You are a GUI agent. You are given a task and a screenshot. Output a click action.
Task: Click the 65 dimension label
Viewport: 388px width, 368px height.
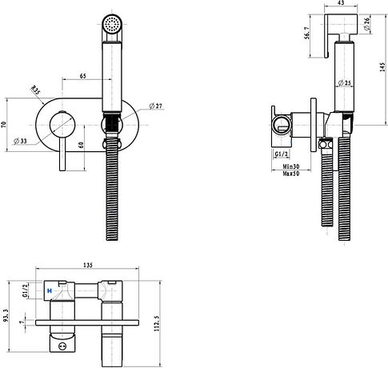(x=83, y=76)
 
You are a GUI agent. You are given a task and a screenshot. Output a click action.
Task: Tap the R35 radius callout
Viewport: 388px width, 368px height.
(x=35, y=90)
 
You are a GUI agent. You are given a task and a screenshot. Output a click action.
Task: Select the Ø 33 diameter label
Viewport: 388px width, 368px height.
(x=21, y=141)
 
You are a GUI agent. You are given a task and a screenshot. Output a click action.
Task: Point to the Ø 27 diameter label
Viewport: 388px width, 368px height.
(x=155, y=106)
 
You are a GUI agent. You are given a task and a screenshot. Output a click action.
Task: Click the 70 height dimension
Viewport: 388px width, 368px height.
(x=3, y=125)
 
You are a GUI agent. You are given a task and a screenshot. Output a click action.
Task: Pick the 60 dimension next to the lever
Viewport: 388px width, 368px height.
(x=82, y=145)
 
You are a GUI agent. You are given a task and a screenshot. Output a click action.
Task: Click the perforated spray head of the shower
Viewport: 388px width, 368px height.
(x=112, y=23)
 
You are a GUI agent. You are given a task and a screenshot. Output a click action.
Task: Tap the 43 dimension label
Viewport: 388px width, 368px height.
(x=341, y=3)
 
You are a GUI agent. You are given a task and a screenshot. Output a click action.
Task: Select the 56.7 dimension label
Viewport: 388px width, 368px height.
(x=307, y=33)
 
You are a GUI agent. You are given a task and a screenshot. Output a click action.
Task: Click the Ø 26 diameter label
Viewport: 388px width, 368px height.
(x=367, y=24)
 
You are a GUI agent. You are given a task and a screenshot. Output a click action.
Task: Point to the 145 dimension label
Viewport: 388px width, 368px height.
(x=382, y=67)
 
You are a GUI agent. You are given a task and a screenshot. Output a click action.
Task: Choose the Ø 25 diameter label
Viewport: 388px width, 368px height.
(x=345, y=83)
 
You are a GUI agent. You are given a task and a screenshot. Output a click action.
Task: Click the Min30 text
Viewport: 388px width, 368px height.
(x=291, y=166)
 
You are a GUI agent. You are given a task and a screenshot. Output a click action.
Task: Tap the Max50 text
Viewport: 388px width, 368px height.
(x=291, y=174)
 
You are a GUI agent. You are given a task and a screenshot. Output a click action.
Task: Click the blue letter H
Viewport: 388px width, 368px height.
(x=50, y=290)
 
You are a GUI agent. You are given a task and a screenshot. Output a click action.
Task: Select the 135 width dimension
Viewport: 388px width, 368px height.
(x=88, y=265)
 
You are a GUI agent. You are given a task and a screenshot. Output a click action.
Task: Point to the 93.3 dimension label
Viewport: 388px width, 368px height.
(x=4, y=315)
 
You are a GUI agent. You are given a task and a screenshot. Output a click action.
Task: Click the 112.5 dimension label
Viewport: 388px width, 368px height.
(x=157, y=323)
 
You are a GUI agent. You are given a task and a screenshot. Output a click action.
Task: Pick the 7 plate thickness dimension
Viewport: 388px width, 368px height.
(x=23, y=322)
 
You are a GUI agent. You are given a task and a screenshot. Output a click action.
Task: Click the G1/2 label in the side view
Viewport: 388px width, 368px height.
(x=282, y=154)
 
